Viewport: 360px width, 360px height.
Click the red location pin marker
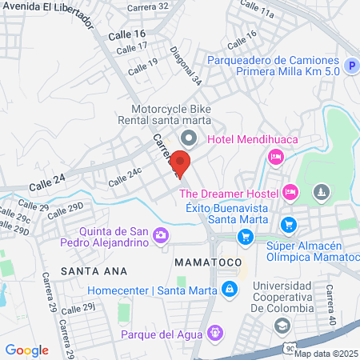tap(181, 163)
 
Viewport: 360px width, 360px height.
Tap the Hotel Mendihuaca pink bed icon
tap(274, 157)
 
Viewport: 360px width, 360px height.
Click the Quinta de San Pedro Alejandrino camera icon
tap(161, 235)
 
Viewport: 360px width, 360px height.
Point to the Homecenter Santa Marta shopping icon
tap(230, 289)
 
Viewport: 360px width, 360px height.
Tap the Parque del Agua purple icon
tap(214, 333)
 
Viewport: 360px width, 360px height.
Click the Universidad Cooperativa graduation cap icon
tap(282, 325)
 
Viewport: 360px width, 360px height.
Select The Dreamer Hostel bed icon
tap(290, 192)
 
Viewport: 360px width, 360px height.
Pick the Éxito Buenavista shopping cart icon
tap(246, 236)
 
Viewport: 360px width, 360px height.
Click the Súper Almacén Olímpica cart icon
tap(290, 226)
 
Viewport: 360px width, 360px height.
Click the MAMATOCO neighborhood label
tap(202, 262)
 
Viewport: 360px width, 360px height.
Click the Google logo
tap(27, 350)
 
